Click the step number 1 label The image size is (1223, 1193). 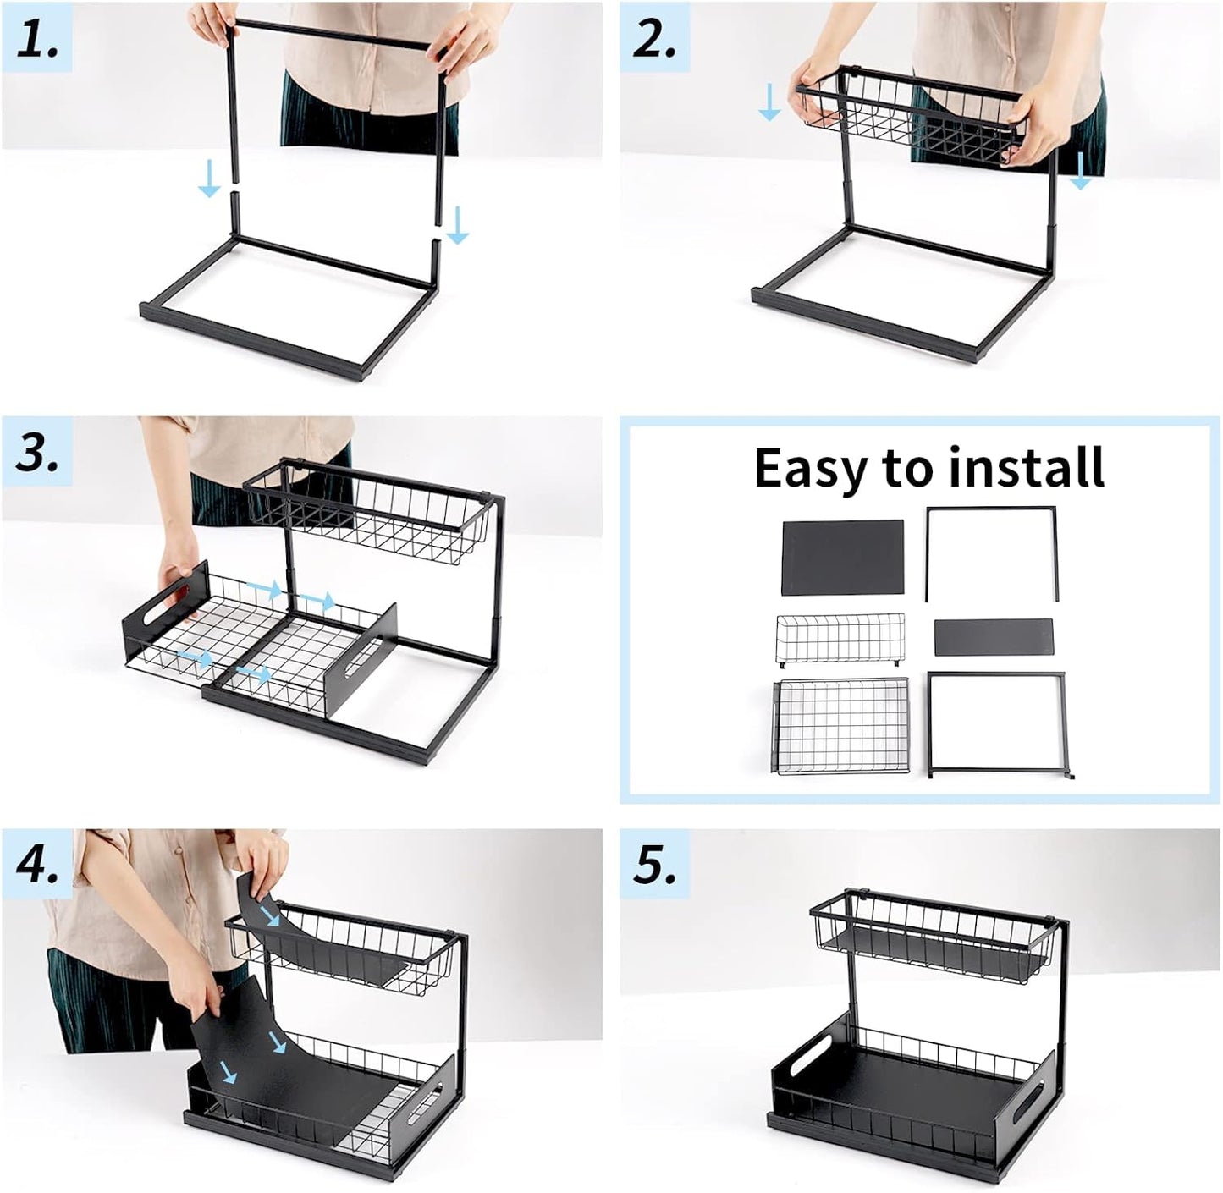tap(37, 41)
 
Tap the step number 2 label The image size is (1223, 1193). tap(654, 41)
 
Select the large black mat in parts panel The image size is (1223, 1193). tap(842, 557)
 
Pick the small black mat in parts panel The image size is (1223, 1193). tap(994, 637)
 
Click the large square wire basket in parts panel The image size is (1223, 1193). tap(841, 726)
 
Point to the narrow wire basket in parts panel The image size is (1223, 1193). tap(840, 640)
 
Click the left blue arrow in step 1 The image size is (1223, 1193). tap(208, 180)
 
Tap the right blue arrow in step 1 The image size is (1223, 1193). tap(457, 225)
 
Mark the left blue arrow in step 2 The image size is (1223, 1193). tap(769, 102)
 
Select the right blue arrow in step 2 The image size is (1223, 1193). tap(1081, 172)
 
